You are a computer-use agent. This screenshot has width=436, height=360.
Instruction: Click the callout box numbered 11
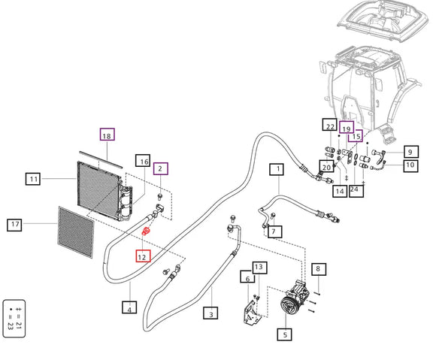pyautogui.click(x=33, y=179)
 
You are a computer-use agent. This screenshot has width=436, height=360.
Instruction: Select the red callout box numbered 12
pyautogui.click(x=143, y=256)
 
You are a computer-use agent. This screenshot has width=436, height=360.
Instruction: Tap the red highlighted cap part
pyautogui.click(x=146, y=231)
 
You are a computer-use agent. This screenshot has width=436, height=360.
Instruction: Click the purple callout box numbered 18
pyautogui.click(x=107, y=135)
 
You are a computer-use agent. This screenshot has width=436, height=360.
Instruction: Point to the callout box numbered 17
pyautogui.click(x=14, y=225)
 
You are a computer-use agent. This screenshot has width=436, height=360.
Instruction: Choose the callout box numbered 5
pyautogui.click(x=284, y=334)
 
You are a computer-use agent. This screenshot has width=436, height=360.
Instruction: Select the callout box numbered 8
pyautogui.click(x=319, y=269)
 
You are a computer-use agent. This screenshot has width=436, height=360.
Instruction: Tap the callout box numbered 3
pyautogui.click(x=210, y=313)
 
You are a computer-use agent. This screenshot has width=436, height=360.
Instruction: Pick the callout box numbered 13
pyautogui.click(x=259, y=268)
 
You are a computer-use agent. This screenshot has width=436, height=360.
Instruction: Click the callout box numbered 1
pyautogui.click(x=277, y=170)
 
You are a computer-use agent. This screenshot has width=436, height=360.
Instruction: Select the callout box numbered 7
pyautogui.click(x=274, y=231)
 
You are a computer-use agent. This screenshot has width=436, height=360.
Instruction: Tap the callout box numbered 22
pyautogui.click(x=330, y=124)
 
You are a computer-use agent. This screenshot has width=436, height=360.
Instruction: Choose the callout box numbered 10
pyautogui.click(x=410, y=165)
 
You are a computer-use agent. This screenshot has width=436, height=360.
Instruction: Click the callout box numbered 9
pyautogui.click(x=410, y=152)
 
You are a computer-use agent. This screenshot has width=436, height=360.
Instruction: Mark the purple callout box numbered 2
pyautogui.click(x=161, y=168)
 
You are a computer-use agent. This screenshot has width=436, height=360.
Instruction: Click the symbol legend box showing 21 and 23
pyautogui.click(x=14, y=319)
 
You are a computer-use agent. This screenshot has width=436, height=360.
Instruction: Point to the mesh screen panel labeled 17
pyautogui.click(x=76, y=232)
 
